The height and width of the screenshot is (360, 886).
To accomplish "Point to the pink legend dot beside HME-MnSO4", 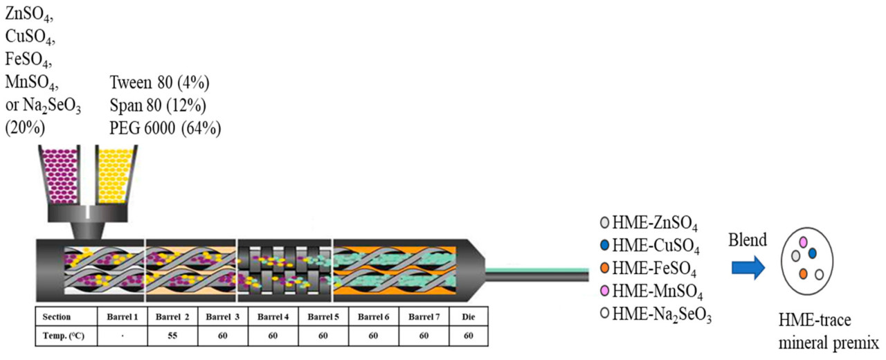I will [x=605, y=291].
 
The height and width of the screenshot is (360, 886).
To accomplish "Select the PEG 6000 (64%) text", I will [x=165, y=127].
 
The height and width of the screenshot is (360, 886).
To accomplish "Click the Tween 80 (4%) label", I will [x=159, y=84].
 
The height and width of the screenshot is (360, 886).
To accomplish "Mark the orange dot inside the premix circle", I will [x=804, y=274].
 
